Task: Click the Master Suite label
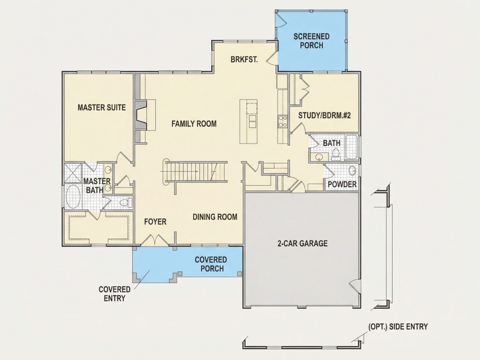pyautogui.click(x=102, y=107)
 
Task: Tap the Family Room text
pyautogui.click(x=194, y=123)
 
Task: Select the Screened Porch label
pyautogui.click(x=311, y=41)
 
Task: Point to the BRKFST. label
pyautogui.click(x=244, y=59)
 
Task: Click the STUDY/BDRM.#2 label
pyautogui.click(x=324, y=115)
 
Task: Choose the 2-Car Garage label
pyautogui.click(x=302, y=243)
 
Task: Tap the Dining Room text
pyautogui.click(x=215, y=217)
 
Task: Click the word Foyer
pyautogui.click(x=155, y=222)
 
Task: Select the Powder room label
pyautogui.click(x=342, y=184)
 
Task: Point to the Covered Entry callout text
pyautogui.click(x=114, y=294)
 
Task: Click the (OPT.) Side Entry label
pyautogui.click(x=398, y=327)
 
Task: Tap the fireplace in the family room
pyautogui.click(x=141, y=115)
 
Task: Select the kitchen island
pyautogui.click(x=249, y=121)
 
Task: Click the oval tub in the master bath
pyautogui.click(x=73, y=196)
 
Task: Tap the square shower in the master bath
pyautogui.click(x=73, y=173)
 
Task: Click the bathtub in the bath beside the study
pyautogui.click(x=352, y=147)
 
